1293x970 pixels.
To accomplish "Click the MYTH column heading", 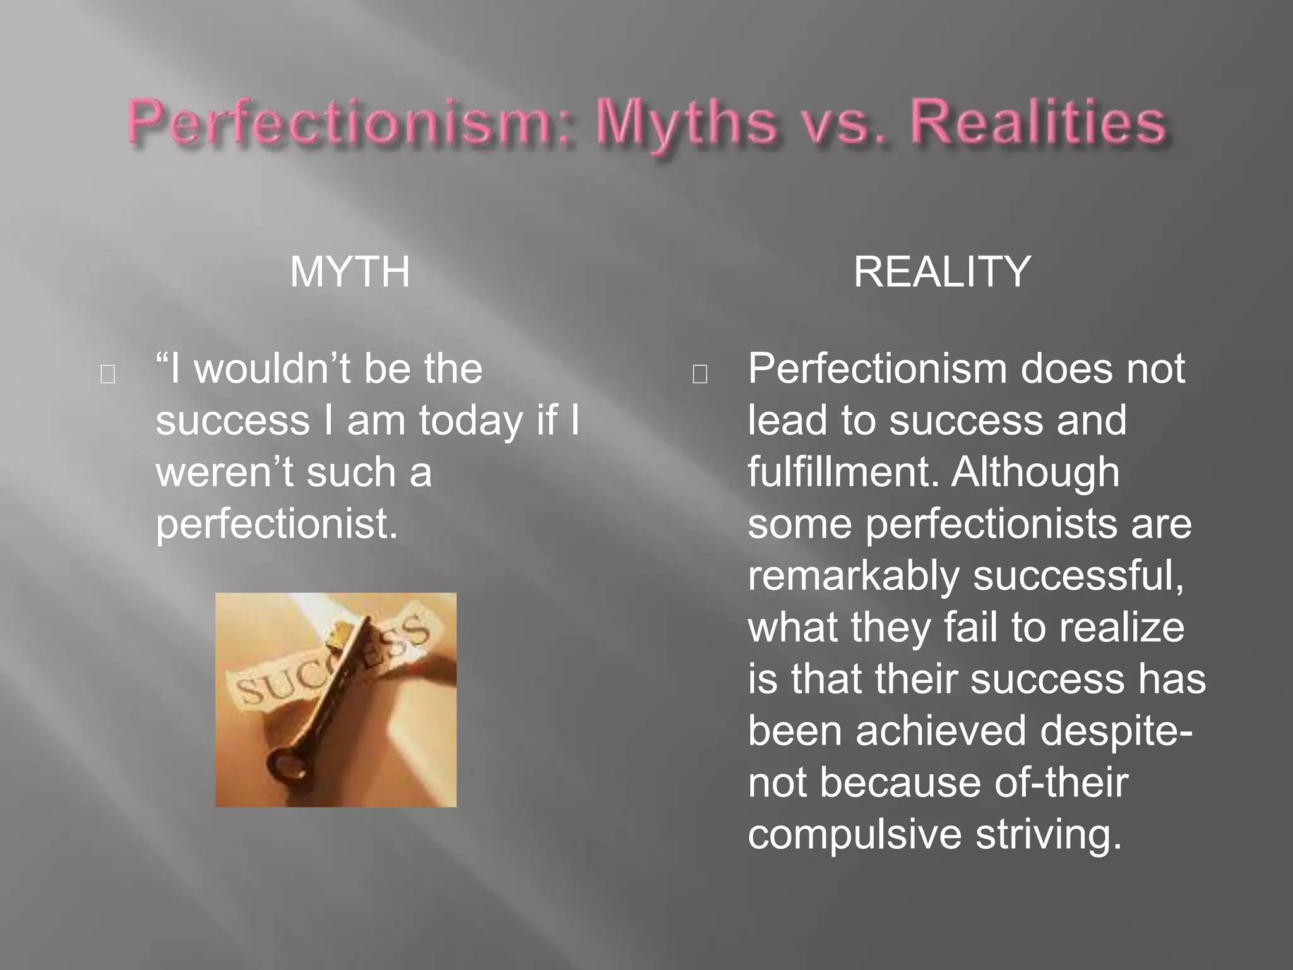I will tap(350, 272).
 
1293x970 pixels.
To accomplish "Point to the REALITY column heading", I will tap(942, 272).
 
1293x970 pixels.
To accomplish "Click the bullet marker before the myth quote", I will tap(108, 375).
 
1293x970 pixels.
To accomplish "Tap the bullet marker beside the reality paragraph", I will tap(700, 375).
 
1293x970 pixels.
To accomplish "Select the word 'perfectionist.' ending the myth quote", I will tap(277, 524).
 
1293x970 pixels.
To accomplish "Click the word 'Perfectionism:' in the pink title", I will tap(350, 123).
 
